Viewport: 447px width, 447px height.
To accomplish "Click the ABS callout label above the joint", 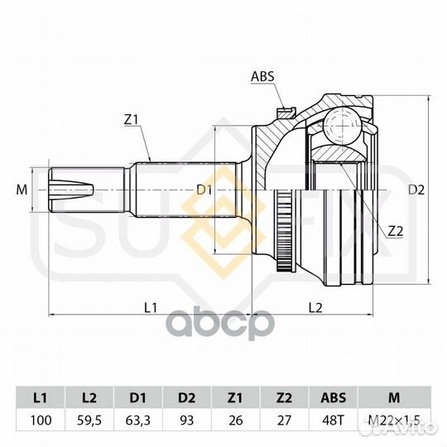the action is click(x=262, y=76).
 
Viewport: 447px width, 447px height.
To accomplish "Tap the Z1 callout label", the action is click(x=131, y=120).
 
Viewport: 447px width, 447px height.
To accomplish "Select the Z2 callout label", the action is click(x=396, y=232).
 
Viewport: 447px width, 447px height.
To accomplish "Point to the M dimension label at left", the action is click(x=22, y=190).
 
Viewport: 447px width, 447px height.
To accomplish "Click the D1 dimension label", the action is click(x=204, y=190).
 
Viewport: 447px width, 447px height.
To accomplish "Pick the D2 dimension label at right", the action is click(x=416, y=190).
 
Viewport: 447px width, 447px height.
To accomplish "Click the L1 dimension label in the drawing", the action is click(x=151, y=308).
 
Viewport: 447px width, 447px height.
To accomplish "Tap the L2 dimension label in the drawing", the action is click(x=315, y=308).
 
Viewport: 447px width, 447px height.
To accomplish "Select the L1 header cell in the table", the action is click(x=41, y=397).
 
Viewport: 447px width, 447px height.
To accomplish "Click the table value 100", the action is click(x=41, y=421).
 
